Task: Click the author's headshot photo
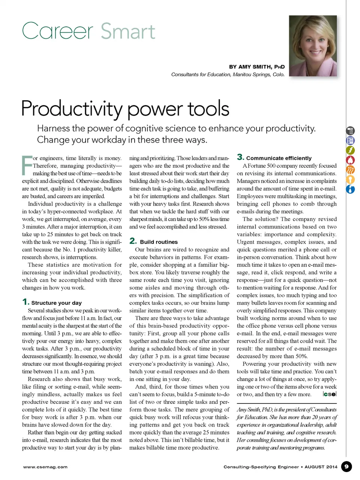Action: pyautogui.click(x=313, y=46)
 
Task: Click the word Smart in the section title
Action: pyautogui.click(x=127, y=31)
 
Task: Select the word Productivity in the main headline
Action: pyautogui.click(x=72, y=108)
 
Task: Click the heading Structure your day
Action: pyautogui.click(x=56, y=303)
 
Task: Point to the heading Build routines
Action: pyautogui.click(x=159, y=242)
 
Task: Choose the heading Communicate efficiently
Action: pyautogui.click(x=279, y=158)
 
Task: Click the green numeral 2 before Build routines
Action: pyautogui.click(x=133, y=241)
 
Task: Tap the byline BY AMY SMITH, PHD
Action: pyautogui.click(x=257, y=67)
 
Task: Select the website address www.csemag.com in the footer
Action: pyautogui.click(x=45, y=467)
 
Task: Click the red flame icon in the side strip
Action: pyautogui.click(x=350, y=160)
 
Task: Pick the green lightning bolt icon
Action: pyautogui.click(x=350, y=150)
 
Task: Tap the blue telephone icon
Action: pyautogui.click(x=350, y=141)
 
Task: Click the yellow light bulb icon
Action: pyautogui.click(x=350, y=180)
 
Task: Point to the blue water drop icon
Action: pyautogui.click(x=350, y=189)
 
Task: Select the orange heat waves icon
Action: pyautogui.click(x=350, y=170)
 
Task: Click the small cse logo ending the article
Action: pyautogui.click(x=330, y=394)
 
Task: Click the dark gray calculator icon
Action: pyautogui.click(x=350, y=131)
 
